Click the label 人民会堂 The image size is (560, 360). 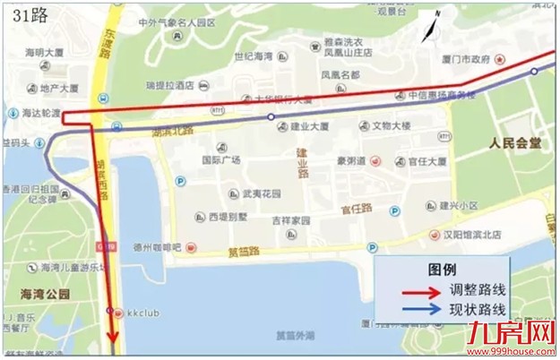pyautogui.click(x=515, y=143)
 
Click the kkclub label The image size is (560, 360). pyautogui.click(x=143, y=311)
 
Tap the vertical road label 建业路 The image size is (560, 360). pyautogui.click(x=302, y=162)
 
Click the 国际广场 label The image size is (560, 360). pyautogui.click(x=220, y=160)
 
